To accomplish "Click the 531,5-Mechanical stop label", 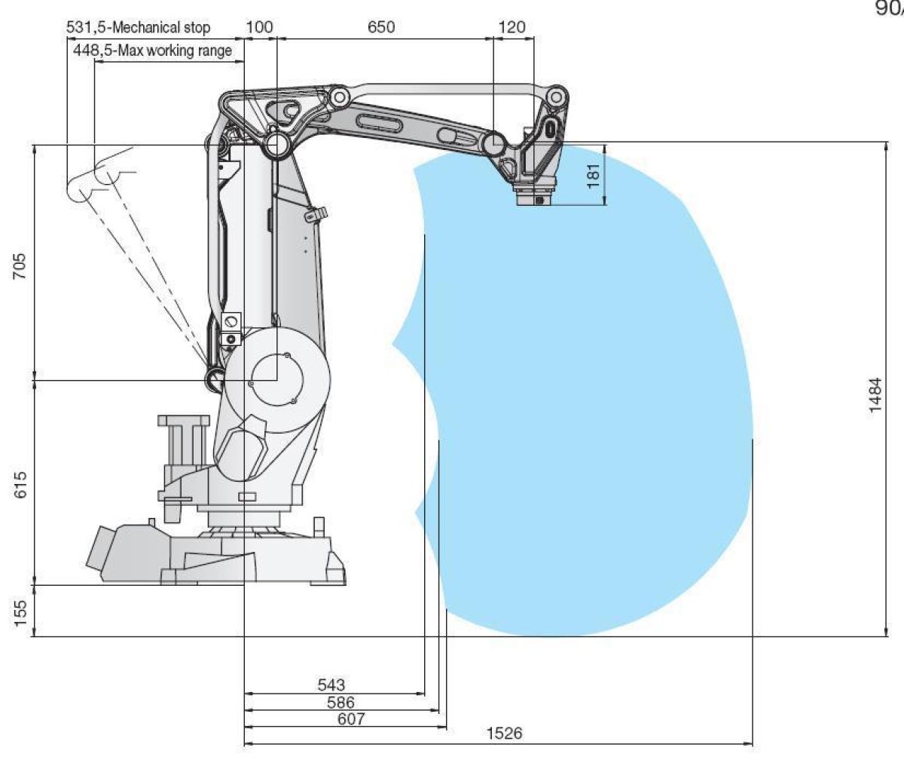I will click(139, 28).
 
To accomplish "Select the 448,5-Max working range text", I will click(152, 51).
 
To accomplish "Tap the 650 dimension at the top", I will click(380, 28).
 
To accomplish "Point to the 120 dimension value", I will click(512, 28).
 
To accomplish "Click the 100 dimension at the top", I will click(260, 28).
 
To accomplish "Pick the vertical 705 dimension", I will click(20, 266).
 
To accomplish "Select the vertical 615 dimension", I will click(20, 484).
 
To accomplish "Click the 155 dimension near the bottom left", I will click(20, 609).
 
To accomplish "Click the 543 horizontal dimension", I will click(331, 685).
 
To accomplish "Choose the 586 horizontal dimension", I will click(341, 702).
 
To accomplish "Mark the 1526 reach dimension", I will click(504, 734).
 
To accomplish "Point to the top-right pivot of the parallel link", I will click(557, 96).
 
